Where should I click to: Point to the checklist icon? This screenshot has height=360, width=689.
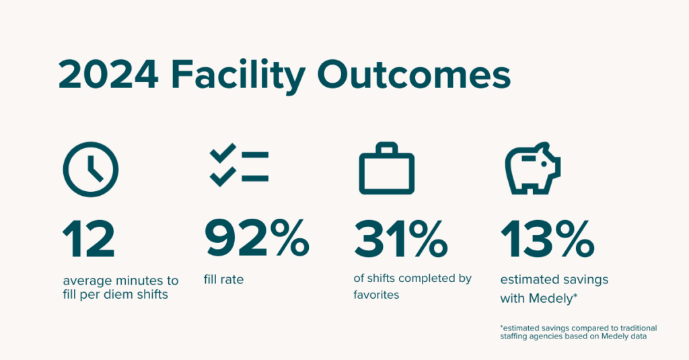(x=239, y=167)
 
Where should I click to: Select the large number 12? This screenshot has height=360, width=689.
(x=89, y=239)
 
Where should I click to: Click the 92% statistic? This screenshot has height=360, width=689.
(x=256, y=239)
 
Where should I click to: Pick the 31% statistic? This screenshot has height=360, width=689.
(x=401, y=239)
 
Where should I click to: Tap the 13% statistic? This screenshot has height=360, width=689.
(x=548, y=239)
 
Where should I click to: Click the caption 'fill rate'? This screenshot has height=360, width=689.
(x=223, y=279)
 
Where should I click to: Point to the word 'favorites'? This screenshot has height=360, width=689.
(x=376, y=295)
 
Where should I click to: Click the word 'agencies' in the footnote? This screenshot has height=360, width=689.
(x=554, y=336)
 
